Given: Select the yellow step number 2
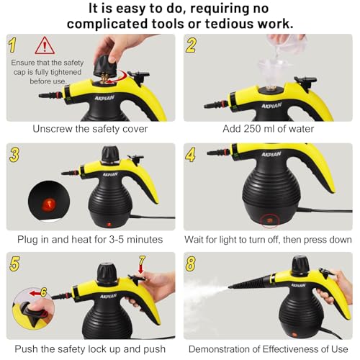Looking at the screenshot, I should [192, 45].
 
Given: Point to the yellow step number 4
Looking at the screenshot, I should [192, 153].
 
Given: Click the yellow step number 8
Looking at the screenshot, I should [192, 263].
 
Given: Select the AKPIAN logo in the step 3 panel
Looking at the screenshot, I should [109, 174].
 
